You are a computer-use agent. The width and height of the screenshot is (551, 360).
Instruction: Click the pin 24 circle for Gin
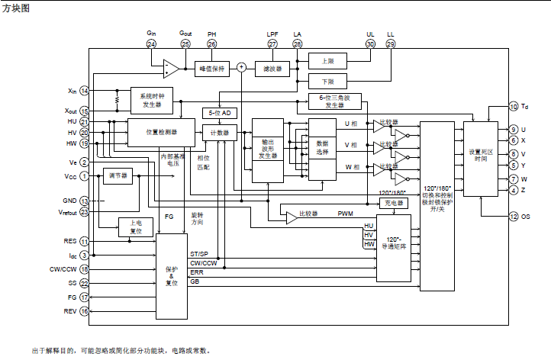coord(151,44)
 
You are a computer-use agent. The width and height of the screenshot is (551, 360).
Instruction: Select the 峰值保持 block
coord(211,68)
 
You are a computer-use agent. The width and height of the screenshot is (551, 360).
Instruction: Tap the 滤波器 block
coord(272,68)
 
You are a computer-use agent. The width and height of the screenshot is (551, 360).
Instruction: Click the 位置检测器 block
coord(161,131)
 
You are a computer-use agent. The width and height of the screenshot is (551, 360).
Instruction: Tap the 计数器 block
coord(222,132)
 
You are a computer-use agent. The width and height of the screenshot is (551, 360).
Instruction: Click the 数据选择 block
coord(322,149)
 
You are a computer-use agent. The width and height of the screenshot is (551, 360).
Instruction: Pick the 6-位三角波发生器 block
coord(335,101)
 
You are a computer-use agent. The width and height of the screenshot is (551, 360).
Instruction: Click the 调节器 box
coord(117,175)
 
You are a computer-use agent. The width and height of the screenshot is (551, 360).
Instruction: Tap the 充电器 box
coord(394,203)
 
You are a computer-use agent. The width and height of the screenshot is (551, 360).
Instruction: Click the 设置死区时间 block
coord(480,156)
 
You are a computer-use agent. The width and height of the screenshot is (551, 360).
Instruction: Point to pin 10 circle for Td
coord(514,107)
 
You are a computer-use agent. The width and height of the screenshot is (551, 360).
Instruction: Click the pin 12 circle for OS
coord(514,217)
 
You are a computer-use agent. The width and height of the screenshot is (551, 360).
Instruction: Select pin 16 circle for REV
coord(84,311)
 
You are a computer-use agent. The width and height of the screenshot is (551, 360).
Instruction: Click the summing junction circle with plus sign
coord(241,67)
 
